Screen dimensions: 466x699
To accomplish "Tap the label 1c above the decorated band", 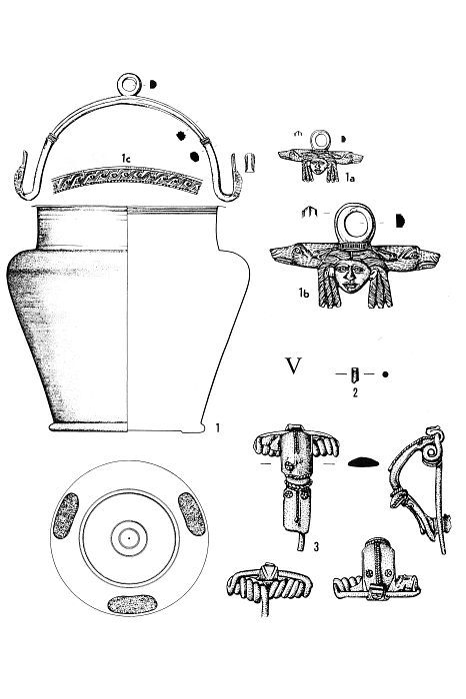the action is point(126,158).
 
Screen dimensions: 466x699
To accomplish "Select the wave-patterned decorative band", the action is point(127,179).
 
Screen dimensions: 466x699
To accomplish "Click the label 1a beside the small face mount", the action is point(350,179).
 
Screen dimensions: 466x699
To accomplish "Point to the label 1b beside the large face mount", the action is point(304,293).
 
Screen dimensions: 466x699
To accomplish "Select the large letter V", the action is point(294,365).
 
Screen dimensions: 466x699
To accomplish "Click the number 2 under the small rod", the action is point(355,392).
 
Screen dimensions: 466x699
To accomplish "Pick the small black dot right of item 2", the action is point(385,374).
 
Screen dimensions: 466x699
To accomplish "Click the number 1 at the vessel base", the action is point(218,428).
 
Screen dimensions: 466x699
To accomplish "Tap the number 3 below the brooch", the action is point(316,546).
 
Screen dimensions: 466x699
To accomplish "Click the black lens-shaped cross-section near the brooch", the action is point(363,462).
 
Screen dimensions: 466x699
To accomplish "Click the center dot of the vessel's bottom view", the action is point(129,538).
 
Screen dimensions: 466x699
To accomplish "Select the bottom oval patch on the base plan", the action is point(132,604).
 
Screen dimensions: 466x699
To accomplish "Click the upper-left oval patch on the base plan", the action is point(66,515).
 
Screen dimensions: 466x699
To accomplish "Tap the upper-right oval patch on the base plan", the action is point(192,514).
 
